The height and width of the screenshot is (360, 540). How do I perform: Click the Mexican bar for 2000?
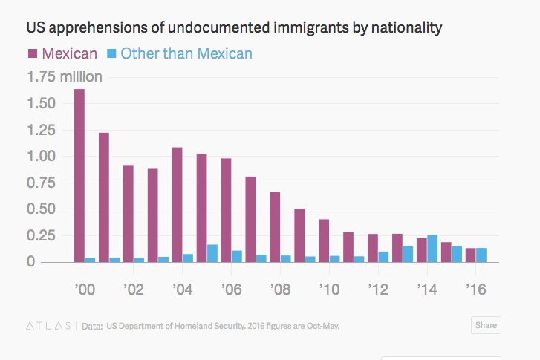tap(79, 175)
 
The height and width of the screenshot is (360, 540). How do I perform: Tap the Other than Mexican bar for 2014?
tap(432, 248)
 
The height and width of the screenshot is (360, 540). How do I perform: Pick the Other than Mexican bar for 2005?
tap(212, 253)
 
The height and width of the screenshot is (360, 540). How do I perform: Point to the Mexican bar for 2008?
tap(275, 226)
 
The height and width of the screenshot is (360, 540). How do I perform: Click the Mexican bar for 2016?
tap(470, 255)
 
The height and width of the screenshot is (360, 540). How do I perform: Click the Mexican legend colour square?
tap(33, 53)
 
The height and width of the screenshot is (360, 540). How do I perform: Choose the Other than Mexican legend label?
tap(186, 53)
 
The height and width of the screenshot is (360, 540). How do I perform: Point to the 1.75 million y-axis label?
tap(64, 76)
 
